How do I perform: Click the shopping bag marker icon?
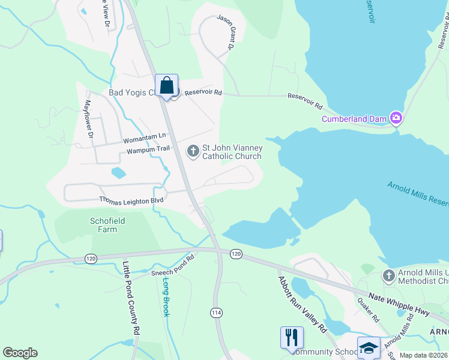pos(166,85)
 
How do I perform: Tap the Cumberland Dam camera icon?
pos(396,118)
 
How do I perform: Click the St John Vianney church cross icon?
pos(193,150)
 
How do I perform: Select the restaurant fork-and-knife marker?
pos(292,337)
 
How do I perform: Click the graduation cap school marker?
pos(368,347)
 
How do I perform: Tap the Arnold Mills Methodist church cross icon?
pos(388,276)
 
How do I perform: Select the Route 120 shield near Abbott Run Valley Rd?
pos(236,254)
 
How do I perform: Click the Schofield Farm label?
pos(108,225)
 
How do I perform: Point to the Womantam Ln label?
pos(143,138)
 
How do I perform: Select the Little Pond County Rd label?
pos(131,298)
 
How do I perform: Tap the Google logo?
pos(20,353)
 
